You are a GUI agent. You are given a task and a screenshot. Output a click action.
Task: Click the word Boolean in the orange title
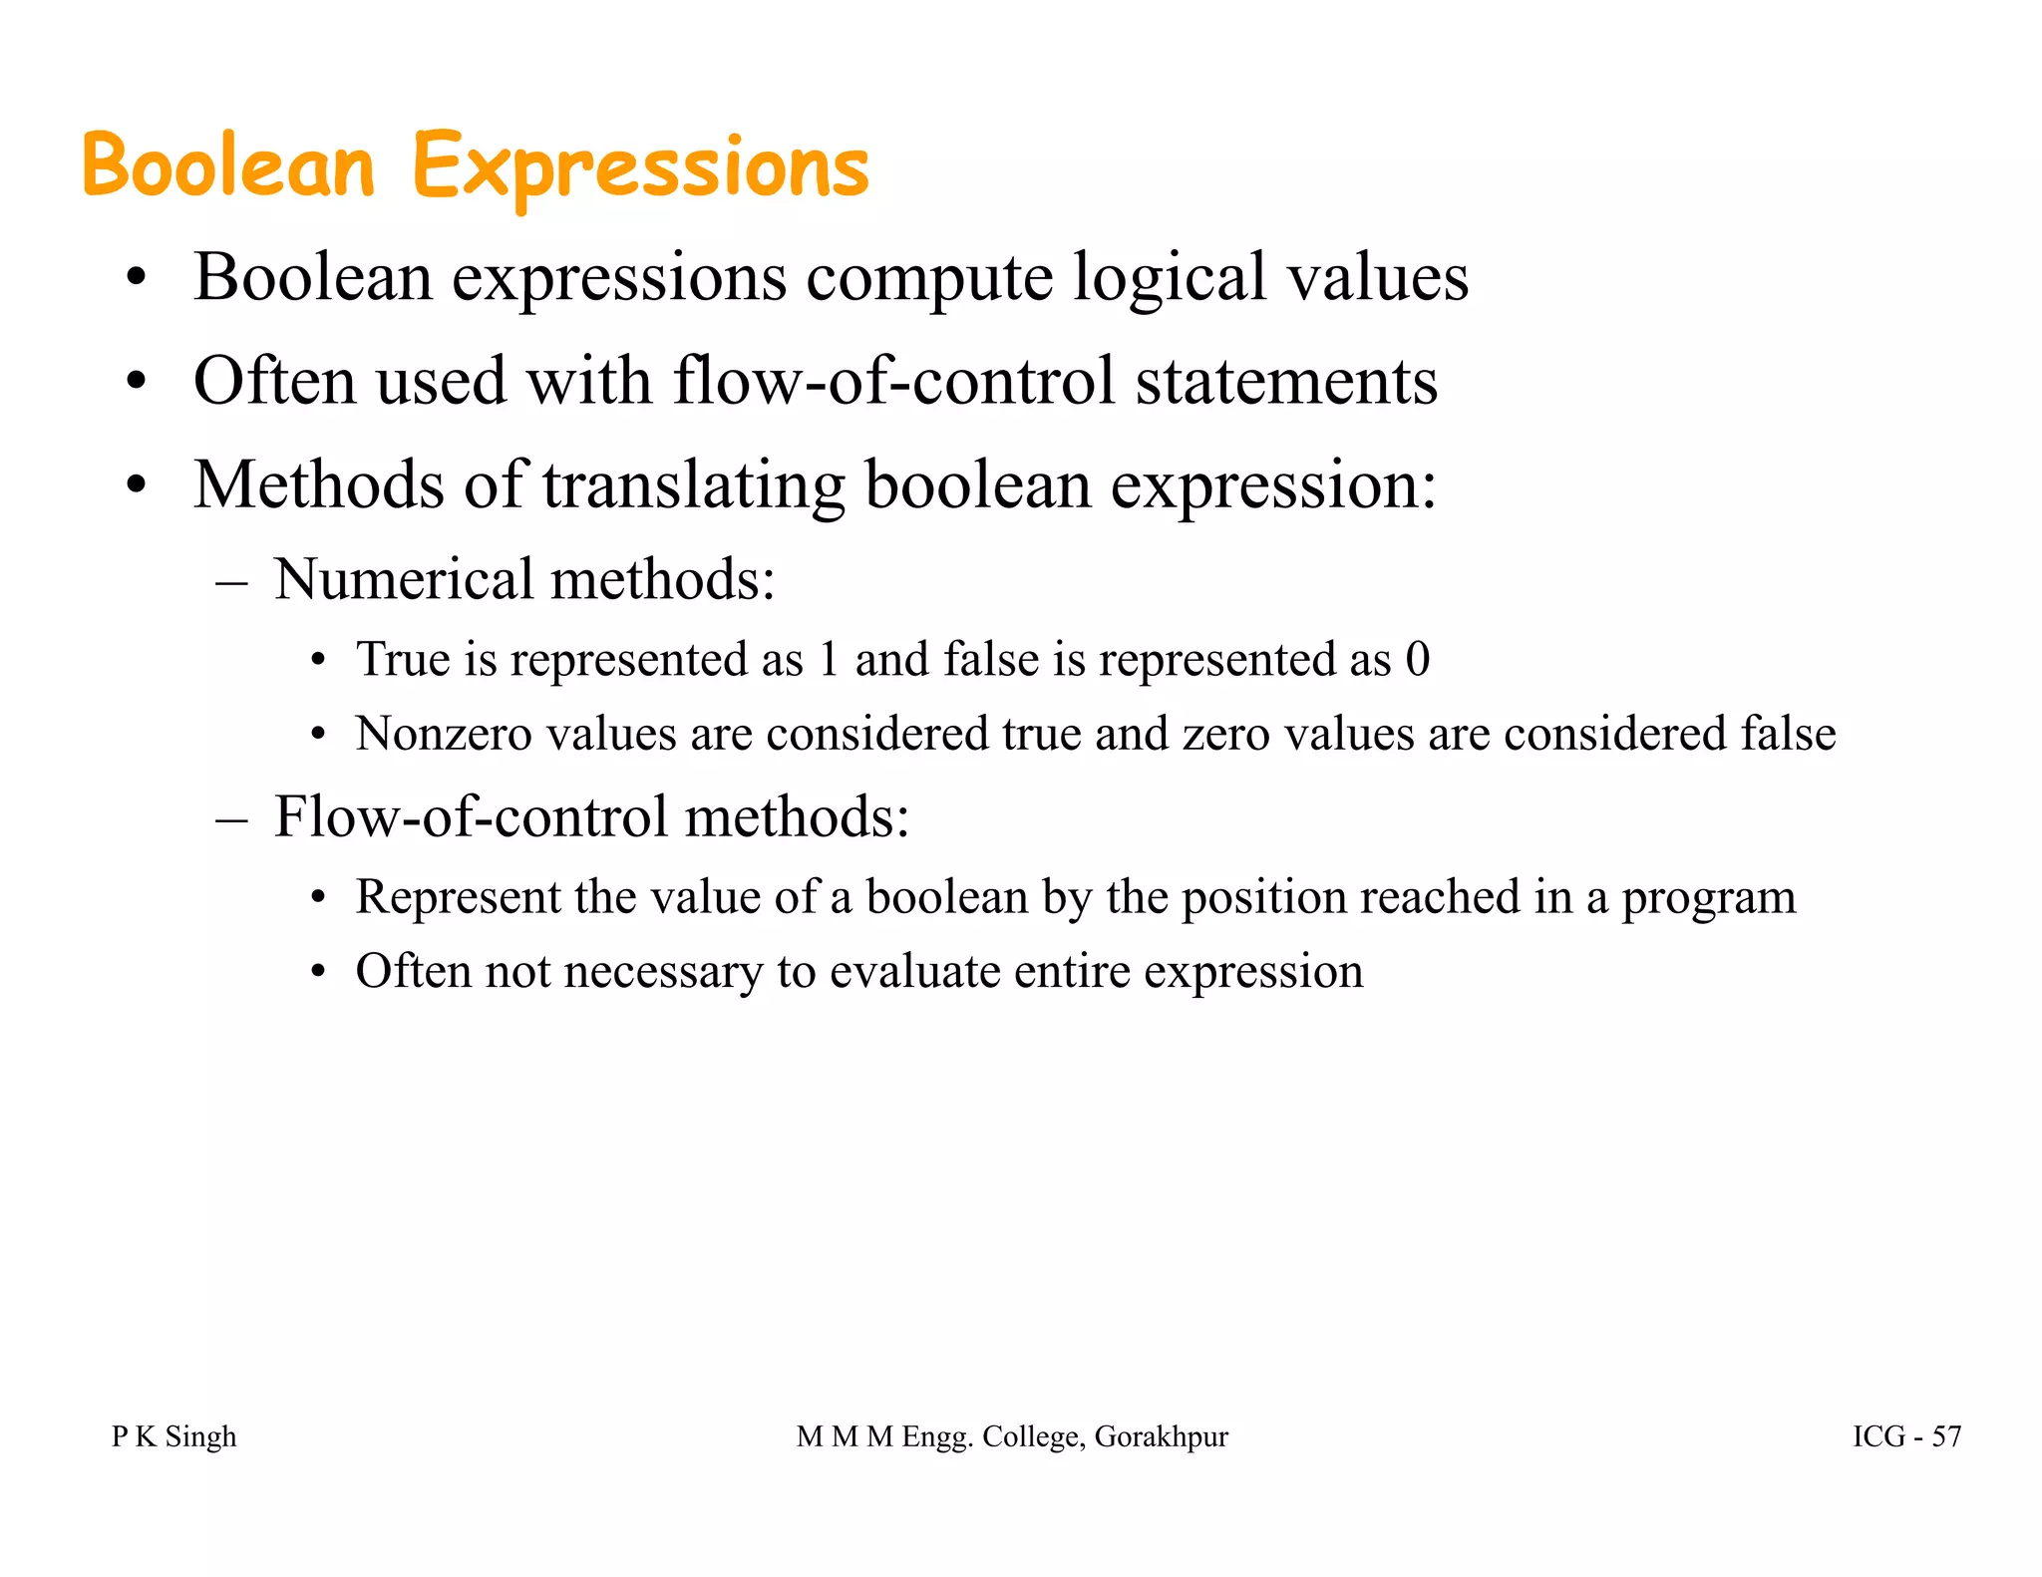[x=228, y=165]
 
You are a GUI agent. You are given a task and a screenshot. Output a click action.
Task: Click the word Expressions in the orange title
[x=640, y=167]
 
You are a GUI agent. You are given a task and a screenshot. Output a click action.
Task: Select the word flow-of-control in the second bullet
[x=893, y=381]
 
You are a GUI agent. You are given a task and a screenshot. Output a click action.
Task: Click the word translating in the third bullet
[x=694, y=485]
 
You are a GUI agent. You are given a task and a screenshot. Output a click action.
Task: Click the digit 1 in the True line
[x=828, y=660]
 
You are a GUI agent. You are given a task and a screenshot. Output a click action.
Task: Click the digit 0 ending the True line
[x=1417, y=660]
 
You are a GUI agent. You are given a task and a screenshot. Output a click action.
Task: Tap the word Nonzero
[x=444, y=735]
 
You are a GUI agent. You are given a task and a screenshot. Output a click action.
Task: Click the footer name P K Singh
[x=173, y=1436]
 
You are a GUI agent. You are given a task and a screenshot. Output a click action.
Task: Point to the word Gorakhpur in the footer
[x=1161, y=1437]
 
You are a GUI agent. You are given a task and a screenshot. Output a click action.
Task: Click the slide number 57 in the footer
[x=1946, y=1436]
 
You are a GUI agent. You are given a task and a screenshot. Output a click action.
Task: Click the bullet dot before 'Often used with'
[x=137, y=382]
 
